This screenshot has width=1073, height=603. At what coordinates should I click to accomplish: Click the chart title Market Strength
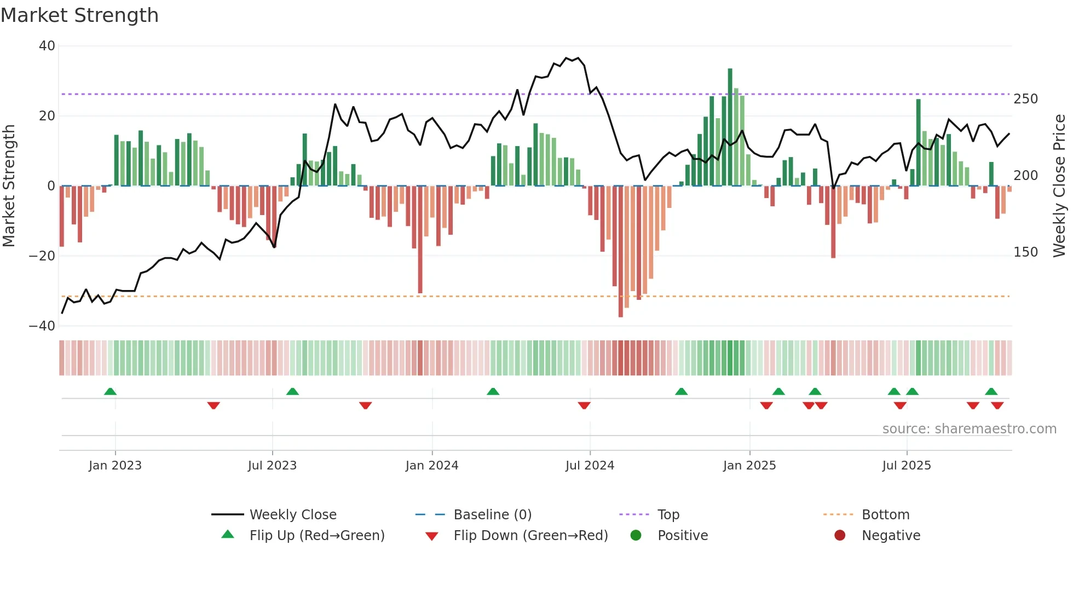click(79, 15)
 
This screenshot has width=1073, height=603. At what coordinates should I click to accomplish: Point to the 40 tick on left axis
click(47, 46)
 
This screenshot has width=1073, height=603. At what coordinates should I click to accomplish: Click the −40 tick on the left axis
click(42, 326)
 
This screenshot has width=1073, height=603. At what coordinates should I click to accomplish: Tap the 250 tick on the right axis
click(1025, 99)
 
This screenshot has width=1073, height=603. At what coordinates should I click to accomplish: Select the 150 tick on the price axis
click(1025, 252)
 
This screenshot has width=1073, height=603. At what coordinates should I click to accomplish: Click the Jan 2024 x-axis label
click(431, 466)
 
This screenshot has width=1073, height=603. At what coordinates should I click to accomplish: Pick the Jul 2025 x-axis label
click(906, 466)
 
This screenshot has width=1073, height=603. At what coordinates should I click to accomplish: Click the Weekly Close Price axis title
click(1059, 186)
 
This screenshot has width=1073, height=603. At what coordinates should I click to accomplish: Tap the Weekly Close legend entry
click(292, 515)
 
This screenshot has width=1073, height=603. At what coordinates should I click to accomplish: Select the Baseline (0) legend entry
click(492, 515)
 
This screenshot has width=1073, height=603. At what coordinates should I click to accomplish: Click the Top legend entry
click(668, 515)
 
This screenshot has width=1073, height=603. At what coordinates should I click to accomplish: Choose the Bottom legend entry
click(885, 515)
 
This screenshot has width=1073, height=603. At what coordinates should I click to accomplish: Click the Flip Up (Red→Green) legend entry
click(316, 536)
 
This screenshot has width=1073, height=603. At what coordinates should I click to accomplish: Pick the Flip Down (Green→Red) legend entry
click(530, 536)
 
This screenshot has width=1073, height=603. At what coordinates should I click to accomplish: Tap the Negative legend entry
click(890, 536)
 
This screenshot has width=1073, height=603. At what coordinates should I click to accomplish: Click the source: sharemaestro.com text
click(969, 429)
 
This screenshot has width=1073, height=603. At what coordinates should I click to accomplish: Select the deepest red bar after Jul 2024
click(620, 252)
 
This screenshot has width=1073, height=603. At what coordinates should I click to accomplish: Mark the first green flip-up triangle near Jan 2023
click(110, 391)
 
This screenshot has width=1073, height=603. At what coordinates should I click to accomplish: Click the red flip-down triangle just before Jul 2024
click(584, 405)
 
